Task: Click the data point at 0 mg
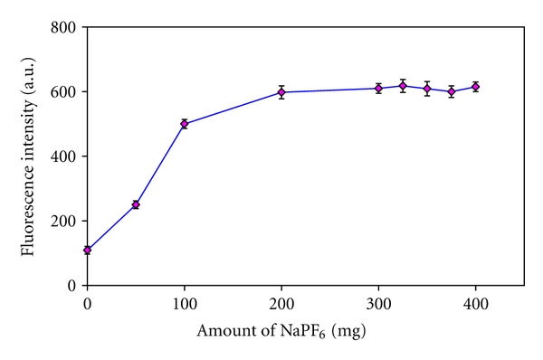(x=87, y=250)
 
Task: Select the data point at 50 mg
(x=136, y=204)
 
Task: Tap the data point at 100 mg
(x=185, y=124)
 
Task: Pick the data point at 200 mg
(x=281, y=92)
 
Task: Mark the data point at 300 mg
(x=378, y=88)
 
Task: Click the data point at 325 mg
(x=403, y=86)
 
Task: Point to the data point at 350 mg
(x=427, y=89)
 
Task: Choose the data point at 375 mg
(x=452, y=91)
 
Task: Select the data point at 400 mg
(x=476, y=87)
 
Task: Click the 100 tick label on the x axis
(x=185, y=302)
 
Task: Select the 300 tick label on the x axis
(x=378, y=302)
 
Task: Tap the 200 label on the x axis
(x=281, y=302)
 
